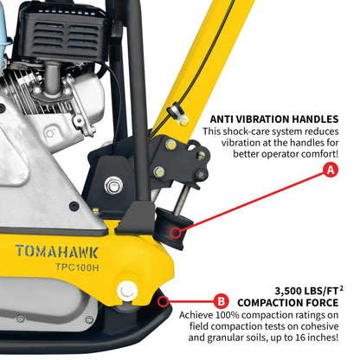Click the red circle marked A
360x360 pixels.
coord(330,171)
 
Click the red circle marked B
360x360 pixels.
coord(222,302)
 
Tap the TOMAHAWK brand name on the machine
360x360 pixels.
coord(56,252)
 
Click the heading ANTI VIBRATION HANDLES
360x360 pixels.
coord(274,119)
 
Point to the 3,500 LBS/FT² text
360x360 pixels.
coord(306,289)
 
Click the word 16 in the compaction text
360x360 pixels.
coord(311,339)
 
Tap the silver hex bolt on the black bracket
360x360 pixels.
coord(113,185)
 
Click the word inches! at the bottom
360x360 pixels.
coord(337,339)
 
